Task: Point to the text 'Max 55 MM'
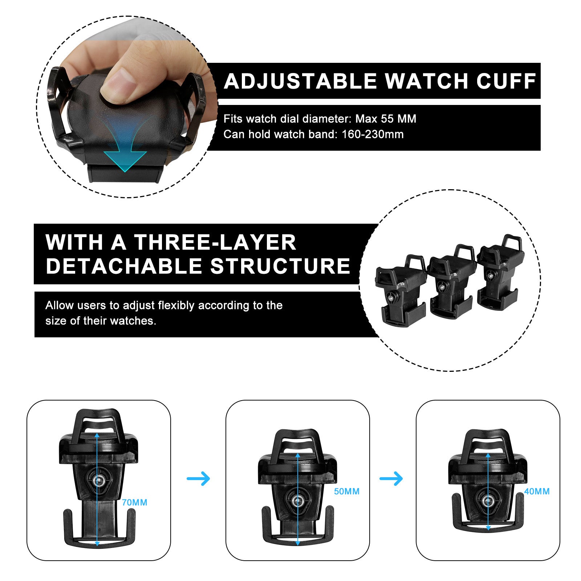386,119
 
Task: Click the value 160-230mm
373,134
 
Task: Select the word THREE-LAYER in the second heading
215,242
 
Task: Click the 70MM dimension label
134,503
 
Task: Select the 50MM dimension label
346,491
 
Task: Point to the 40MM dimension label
537,491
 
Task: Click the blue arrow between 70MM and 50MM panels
199,478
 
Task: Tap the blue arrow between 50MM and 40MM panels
391,478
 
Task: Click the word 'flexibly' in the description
176,305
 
